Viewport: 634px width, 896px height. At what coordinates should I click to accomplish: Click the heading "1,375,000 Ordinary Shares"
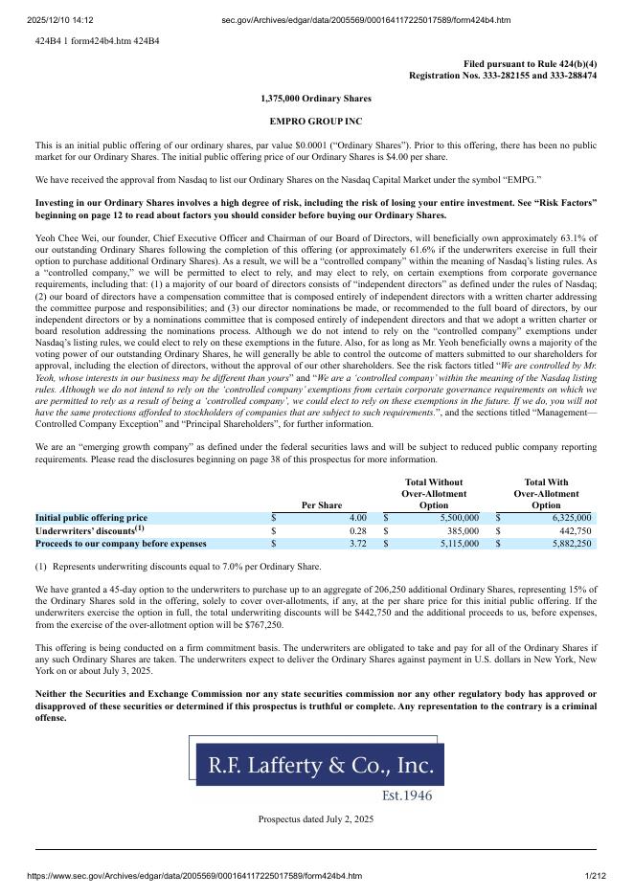(316, 99)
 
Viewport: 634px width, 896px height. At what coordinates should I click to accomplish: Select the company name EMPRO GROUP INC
(316, 122)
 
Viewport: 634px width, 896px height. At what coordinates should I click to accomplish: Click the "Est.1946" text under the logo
(407, 795)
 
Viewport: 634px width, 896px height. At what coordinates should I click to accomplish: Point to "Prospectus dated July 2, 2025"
(316, 819)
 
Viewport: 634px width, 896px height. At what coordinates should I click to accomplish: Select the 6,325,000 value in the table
(565, 518)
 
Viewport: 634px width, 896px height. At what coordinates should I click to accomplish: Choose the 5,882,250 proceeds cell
(565, 544)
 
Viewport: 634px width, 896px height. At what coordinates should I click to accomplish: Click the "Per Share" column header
(321, 505)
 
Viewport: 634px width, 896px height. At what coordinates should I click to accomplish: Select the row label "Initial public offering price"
(91, 518)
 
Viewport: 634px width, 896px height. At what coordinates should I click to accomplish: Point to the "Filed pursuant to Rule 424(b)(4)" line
(530, 63)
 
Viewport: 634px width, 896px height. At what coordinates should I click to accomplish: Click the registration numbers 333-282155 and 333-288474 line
(502, 75)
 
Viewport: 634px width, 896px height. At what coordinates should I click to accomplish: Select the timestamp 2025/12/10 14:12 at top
(60, 19)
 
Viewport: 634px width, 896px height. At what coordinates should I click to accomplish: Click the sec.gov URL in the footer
(194, 876)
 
